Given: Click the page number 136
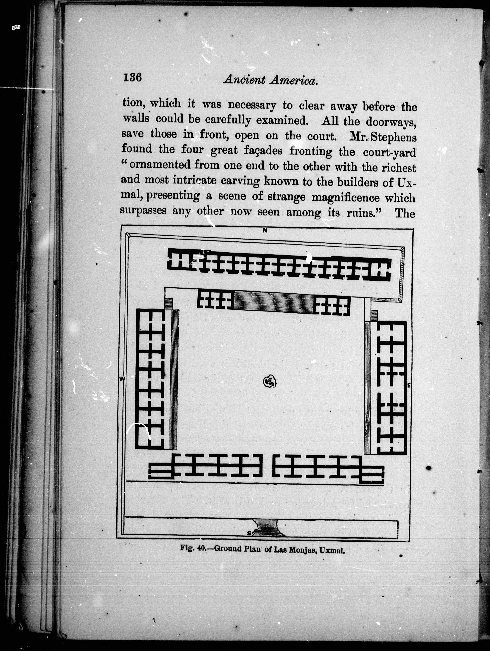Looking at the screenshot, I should tap(132, 77).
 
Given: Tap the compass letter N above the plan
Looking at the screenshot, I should tap(265, 230).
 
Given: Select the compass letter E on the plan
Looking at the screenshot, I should tap(409, 385).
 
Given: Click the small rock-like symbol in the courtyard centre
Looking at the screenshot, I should tap(270, 382).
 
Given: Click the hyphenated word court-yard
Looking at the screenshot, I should tap(389, 152).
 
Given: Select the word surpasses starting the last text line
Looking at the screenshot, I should tap(144, 211).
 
